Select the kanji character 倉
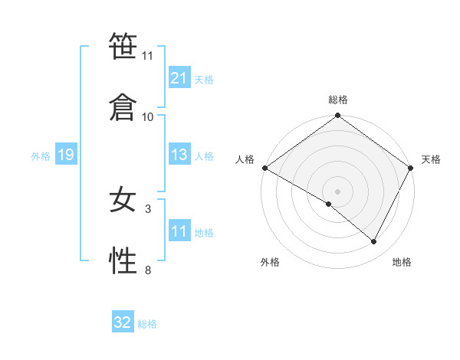pyautogui.click(x=123, y=106)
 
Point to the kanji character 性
pyautogui.click(x=123, y=261)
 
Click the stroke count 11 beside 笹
pyautogui.click(x=148, y=56)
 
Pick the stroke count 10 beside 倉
pyautogui.click(x=148, y=116)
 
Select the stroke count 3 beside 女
pyautogui.click(x=148, y=208)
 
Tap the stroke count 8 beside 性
pyautogui.click(x=148, y=270)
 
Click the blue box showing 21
pyautogui.click(x=179, y=78)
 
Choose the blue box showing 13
pyautogui.click(x=179, y=155)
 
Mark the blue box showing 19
pyautogui.click(x=65, y=155)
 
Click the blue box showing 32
pyautogui.click(x=123, y=322)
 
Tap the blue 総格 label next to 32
pyautogui.click(x=147, y=324)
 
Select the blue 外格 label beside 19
pyautogui.click(x=41, y=156)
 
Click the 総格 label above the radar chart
pyautogui.click(x=338, y=100)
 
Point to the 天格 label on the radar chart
pyautogui.click(x=432, y=159)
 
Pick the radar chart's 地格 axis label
pyautogui.click(x=402, y=262)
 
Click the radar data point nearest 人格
pyautogui.click(x=264, y=168)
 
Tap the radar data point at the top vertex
pyautogui.click(x=338, y=116)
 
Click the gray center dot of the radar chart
pyautogui.click(x=338, y=191)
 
